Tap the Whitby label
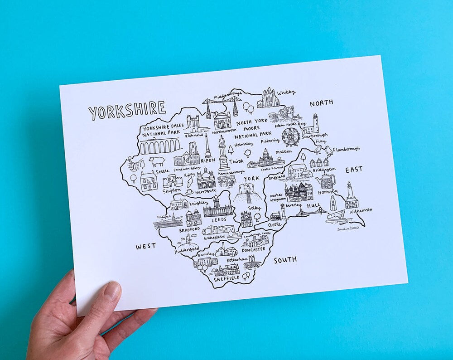pyautogui.click(x=286, y=92)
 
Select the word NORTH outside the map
pyautogui.click(x=321, y=103)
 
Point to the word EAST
pyautogui.click(x=354, y=170)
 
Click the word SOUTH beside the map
pyautogui.click(x=285, y=260)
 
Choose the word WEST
pyautogui.click(x=145, y=246)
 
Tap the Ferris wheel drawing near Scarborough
pyautogui.click(x=290, y=136)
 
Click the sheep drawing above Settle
pyautogui.click(x=157, y=161)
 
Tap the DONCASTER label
pyautogui.click(x=254, y=249)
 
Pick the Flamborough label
pyautogui.click(x=346, y=149)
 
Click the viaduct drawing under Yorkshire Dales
pyautogui.click(x=159, y=146)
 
